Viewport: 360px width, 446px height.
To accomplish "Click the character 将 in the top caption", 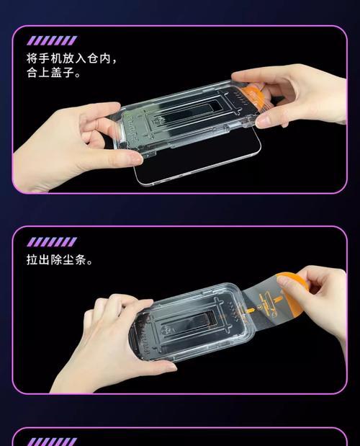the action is click(x=32, y=58).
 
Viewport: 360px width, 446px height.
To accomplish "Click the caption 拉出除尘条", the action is click(x=57, y=259).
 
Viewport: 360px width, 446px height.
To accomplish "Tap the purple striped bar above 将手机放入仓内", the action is click(x=52, y=40).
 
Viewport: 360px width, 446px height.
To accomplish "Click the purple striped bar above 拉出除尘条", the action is click(x=52, y=242).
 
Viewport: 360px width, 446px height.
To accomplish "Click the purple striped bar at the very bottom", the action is click(x=52, y=442).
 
